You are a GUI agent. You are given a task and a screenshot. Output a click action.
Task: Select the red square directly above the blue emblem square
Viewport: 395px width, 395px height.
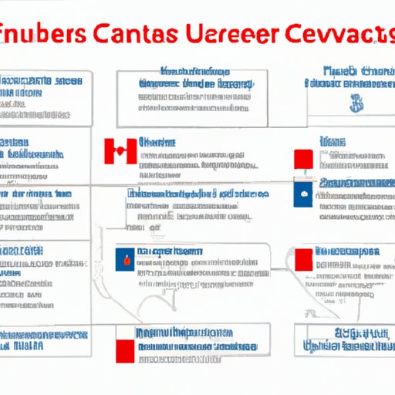pyautogui.click(x=304, y=160)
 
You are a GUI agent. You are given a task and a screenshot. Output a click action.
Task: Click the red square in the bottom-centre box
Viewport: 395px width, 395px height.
pyautogui.click(x=125, y=343)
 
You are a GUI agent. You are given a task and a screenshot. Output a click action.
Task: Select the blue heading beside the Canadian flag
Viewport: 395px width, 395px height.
pyautogui.click(x=157, y=143)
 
